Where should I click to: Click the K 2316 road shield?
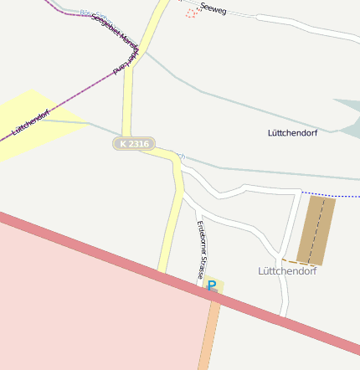(134, 144)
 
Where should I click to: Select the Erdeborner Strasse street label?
(202, 249)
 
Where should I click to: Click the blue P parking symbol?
(212, 285)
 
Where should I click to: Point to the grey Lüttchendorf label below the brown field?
(286, 271)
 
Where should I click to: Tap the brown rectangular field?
(316, 230)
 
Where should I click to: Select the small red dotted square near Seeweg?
(191, 13)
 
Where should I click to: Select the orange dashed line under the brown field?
(289, 261)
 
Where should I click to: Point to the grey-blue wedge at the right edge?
(347, 114)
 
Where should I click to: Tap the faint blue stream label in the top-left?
(88, 13)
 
